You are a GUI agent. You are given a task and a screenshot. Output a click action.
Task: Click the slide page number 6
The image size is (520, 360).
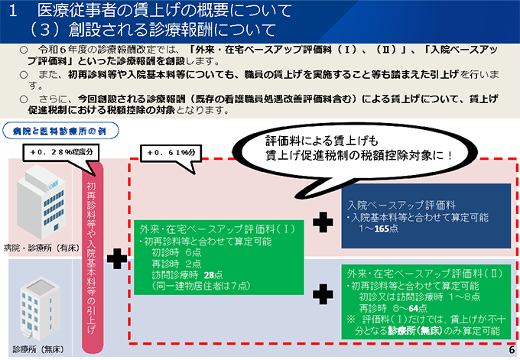click(x=512, y=350)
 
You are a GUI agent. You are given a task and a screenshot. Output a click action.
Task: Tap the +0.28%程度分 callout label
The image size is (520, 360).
click(x=61, y=152)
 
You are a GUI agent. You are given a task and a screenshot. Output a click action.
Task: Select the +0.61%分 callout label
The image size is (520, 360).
click(x=171, y=153)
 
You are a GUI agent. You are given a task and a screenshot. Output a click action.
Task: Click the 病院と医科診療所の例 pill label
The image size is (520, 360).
click(x=60, y=131)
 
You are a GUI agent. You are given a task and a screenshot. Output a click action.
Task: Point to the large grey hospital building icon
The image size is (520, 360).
click(x=41, y=202)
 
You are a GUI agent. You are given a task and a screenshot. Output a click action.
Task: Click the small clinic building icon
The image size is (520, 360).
click(x=41, y=309)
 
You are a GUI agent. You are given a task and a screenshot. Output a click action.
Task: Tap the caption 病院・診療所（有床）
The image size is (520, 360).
click(x=42, y=248)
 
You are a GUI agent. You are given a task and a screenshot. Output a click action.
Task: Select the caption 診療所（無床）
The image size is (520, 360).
click(x=38, y=349)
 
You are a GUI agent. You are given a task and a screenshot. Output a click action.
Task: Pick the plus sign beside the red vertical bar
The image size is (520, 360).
click(x=117, y=258)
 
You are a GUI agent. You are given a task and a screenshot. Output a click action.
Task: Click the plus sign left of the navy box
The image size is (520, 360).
click(x=323, y=222)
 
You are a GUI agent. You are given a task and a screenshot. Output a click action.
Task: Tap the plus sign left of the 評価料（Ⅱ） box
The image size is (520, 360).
click(x=323, y=294)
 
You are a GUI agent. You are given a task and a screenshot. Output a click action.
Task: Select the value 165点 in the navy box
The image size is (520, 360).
click(x=386, y=229)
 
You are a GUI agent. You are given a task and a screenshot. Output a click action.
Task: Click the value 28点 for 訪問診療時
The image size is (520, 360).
click(x=213, y=275)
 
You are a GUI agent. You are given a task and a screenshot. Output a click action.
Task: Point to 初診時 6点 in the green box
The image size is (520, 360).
click(x=177, y=252)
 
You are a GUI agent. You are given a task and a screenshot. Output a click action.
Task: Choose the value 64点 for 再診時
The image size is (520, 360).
click(x=418, y=308)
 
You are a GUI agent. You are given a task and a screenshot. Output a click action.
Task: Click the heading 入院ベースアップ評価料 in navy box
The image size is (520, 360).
click(x=401, y=205)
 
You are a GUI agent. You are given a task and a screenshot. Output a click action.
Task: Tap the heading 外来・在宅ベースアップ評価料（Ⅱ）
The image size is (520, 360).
click(x=424, y=274)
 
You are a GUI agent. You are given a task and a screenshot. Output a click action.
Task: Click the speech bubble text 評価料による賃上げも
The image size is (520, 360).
click(x=322, y=141)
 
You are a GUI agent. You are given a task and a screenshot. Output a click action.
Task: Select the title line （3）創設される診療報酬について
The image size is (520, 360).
click(x=152, y=30)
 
